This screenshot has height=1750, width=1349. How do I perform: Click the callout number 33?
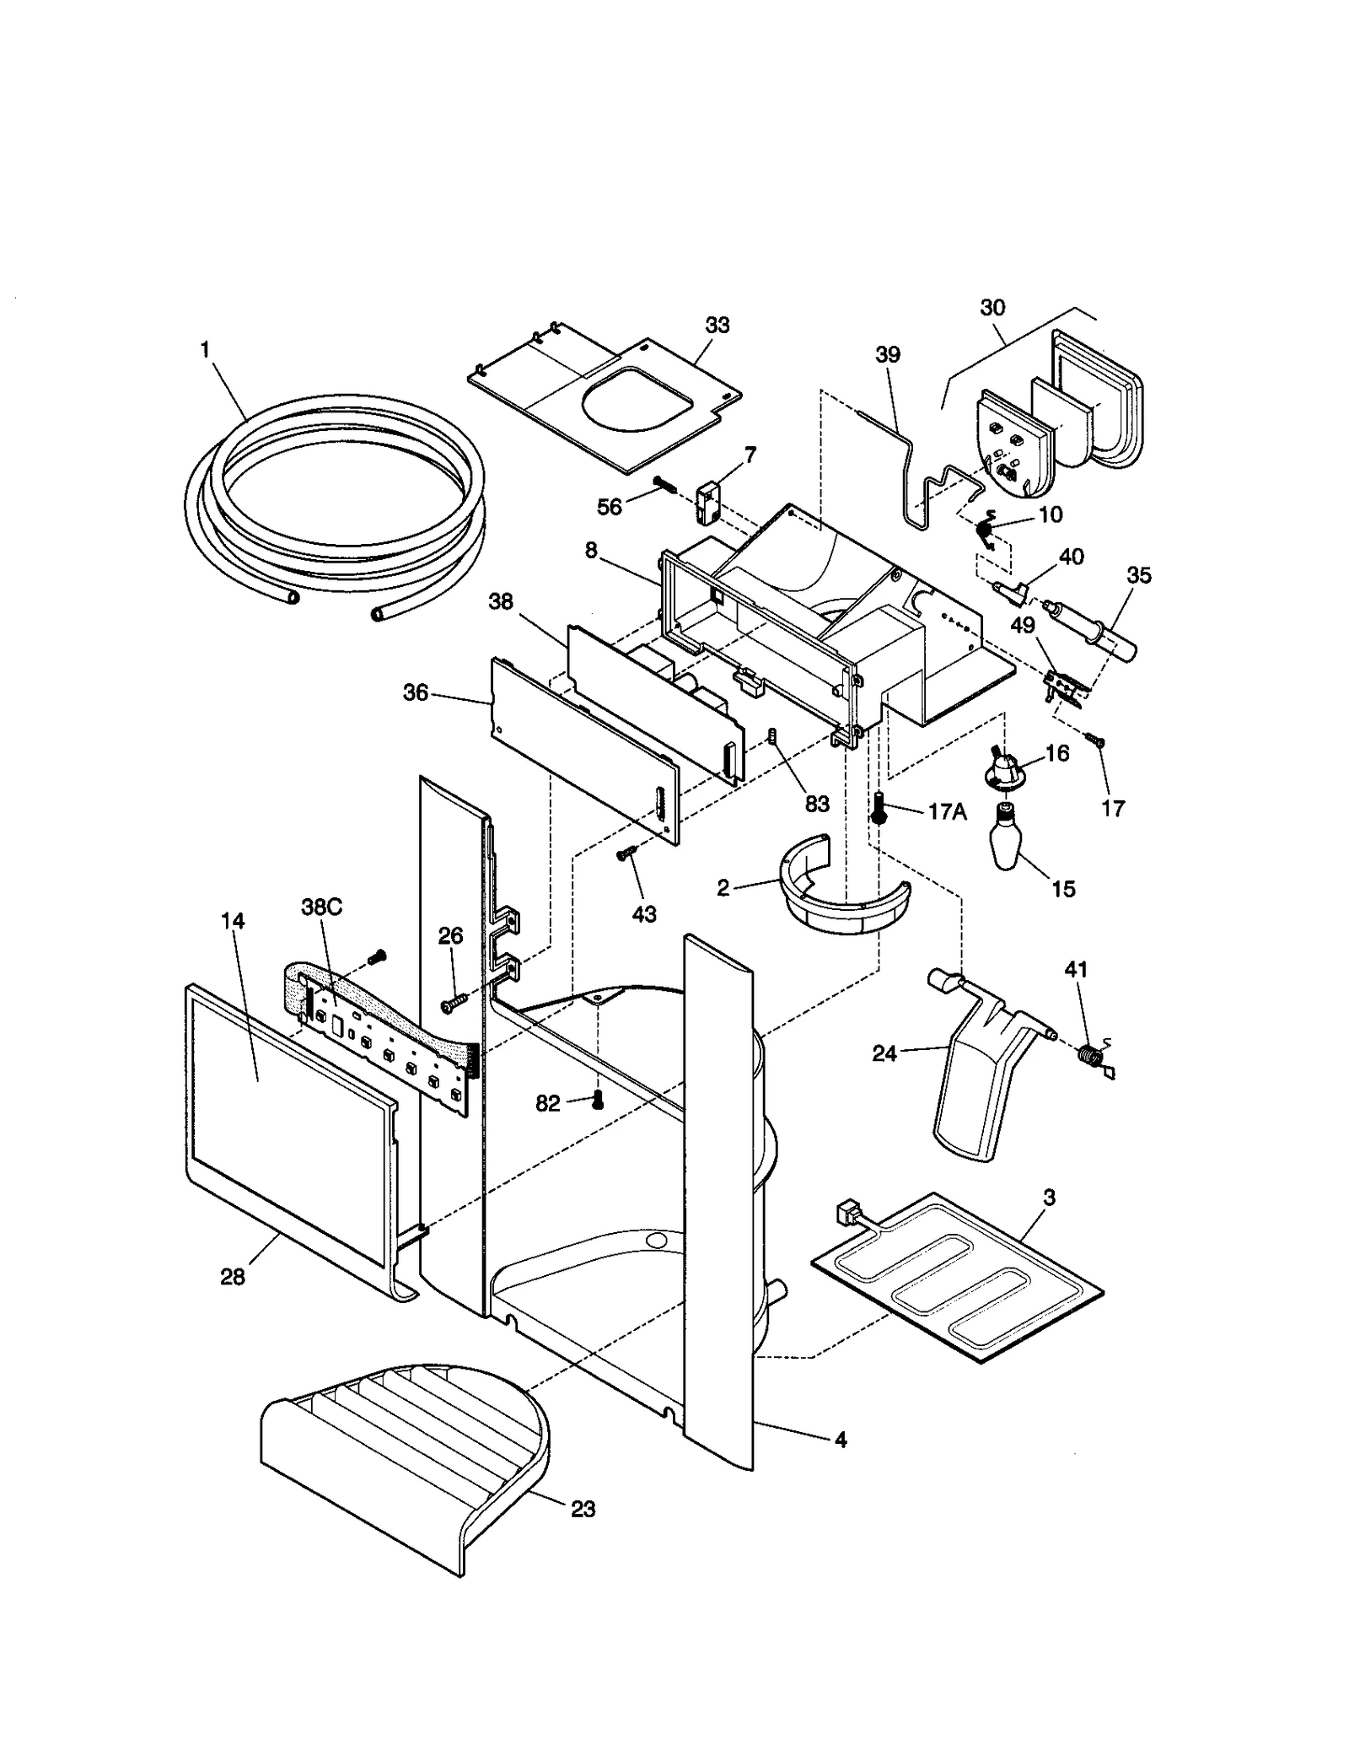717,325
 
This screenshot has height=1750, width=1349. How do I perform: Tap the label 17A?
947,811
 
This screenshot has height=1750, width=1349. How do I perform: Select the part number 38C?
322,907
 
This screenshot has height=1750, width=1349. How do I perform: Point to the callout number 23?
583,1509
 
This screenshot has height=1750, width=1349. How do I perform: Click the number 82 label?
548,1103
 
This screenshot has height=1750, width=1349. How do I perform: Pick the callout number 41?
1076,970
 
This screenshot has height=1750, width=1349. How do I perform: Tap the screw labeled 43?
626,854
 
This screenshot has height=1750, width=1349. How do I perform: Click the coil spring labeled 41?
1092,1054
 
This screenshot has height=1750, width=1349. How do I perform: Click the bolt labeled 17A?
879,807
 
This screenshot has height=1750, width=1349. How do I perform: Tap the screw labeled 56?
665,485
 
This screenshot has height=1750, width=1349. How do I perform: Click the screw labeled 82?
598,1099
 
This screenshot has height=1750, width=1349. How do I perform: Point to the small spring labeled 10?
983,530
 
